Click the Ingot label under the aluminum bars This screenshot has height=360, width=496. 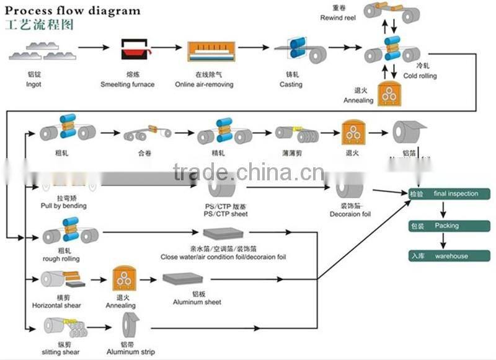point(34,84)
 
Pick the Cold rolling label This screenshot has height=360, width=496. point(420,76)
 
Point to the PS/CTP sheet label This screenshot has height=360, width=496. point(226,214)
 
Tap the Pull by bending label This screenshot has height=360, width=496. point(63,206)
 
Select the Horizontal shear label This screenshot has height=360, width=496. point(57,305)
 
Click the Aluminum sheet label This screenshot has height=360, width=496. point(197,302)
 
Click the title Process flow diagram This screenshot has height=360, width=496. point(73,11)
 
